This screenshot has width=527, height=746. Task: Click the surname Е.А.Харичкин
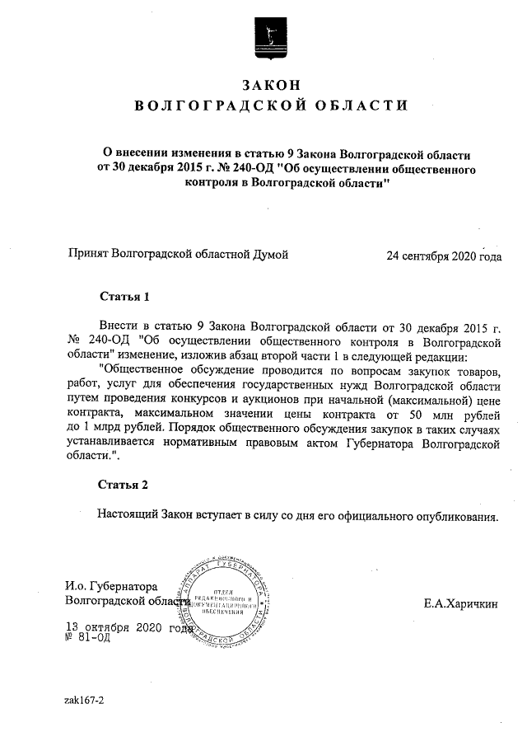pos(462,604)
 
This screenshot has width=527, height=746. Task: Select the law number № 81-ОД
pos(86,638)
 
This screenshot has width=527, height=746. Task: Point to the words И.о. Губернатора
pos(110,587)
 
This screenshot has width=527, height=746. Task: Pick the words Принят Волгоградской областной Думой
pos(178,256)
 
